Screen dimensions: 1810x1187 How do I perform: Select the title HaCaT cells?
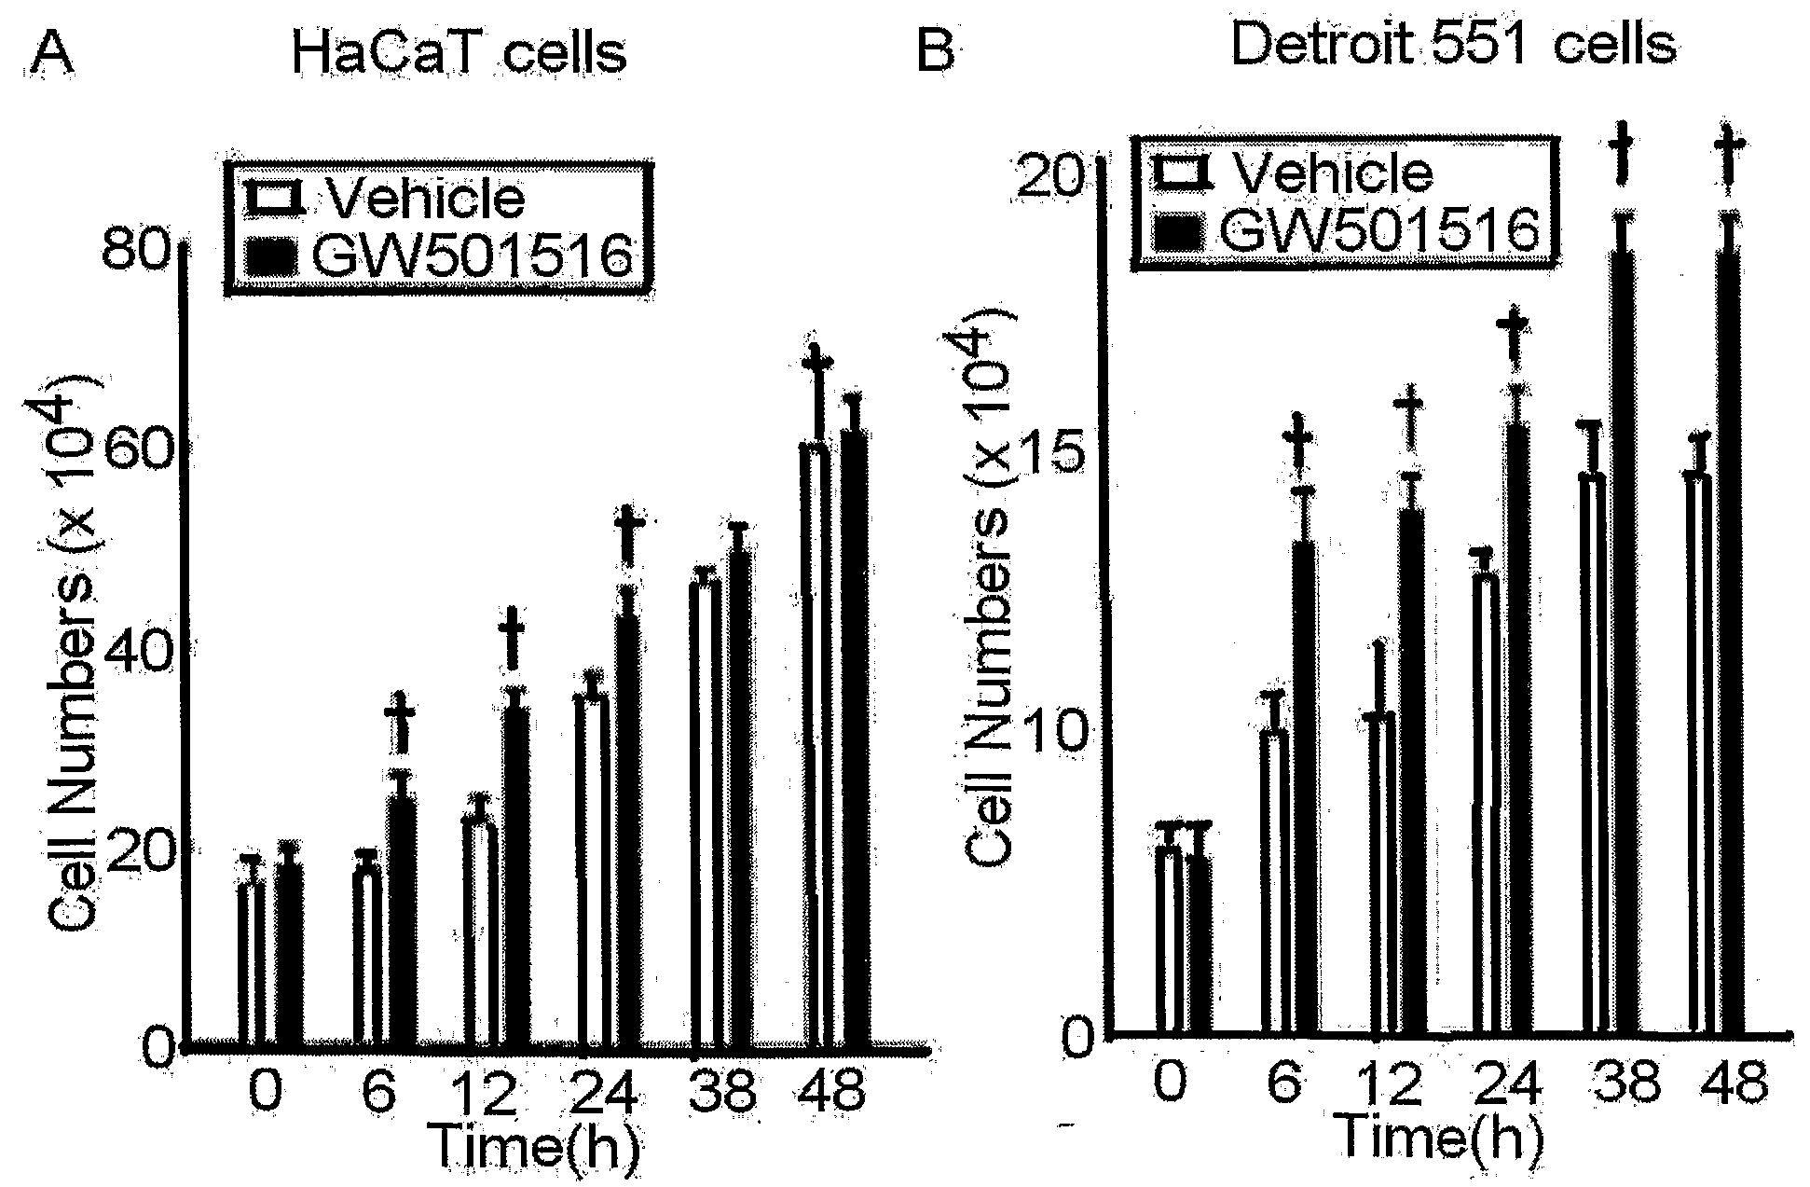[459, 50]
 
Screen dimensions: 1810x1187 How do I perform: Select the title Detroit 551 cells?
[1453, 44]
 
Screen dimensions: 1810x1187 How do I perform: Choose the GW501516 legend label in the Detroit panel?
[1378, 228]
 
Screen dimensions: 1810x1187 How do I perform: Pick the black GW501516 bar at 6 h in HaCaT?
[403, 921]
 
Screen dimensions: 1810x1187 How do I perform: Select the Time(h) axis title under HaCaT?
[534, 1146]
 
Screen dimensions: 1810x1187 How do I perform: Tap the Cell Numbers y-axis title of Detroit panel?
[995, 597]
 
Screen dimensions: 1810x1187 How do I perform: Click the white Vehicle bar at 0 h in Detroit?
[1168, 942]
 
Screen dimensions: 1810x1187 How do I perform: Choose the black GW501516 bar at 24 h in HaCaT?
[625, 830]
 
